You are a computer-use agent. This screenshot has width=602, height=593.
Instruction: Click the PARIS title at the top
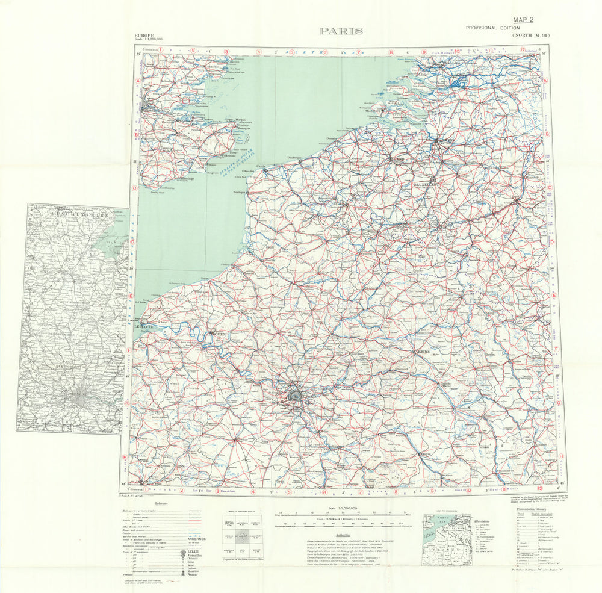pos(340,31)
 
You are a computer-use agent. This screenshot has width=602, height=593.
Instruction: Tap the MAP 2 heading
pos(524,20)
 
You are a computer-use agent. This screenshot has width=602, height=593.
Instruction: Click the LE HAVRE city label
pos(143,327)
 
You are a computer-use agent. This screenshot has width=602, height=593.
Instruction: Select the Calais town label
pos(261,166)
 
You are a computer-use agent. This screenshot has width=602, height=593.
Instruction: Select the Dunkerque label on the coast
pos(294,158)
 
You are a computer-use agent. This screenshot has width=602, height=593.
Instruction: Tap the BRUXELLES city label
pos(423,184)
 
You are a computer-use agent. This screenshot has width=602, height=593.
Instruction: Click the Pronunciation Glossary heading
pos(533,508)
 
